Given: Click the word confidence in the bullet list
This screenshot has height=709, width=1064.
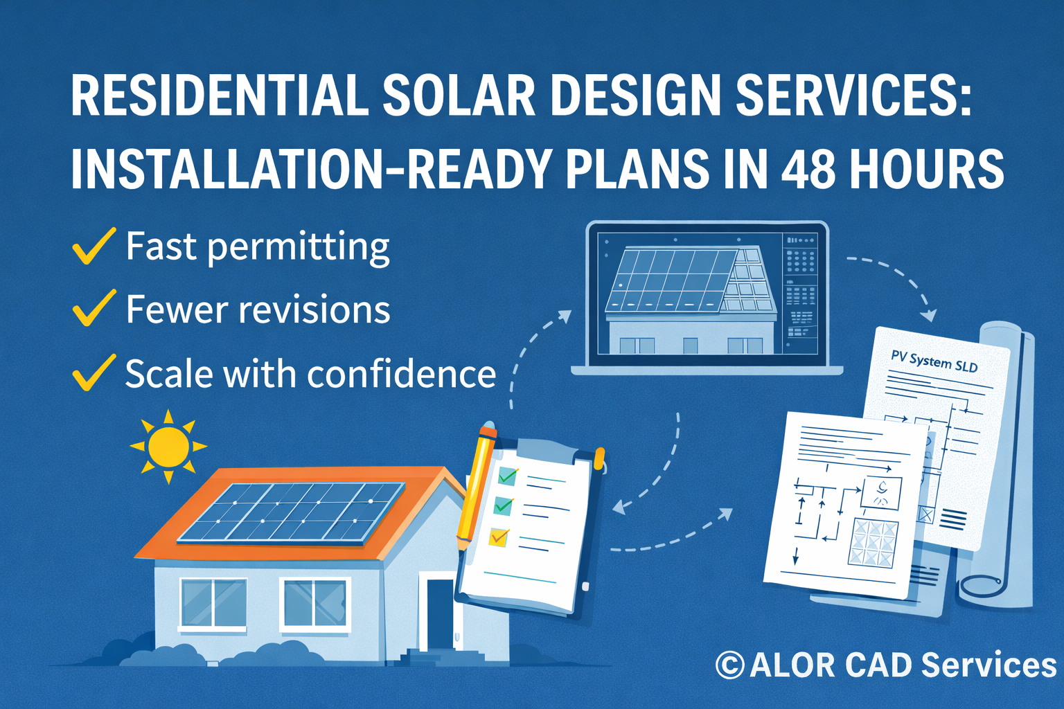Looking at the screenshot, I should point(401,375).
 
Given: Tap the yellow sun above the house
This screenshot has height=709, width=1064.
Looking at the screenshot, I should point(168,447).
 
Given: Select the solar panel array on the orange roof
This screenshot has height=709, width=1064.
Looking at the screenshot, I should point(291,512).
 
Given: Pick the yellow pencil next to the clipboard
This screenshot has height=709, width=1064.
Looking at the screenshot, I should point(477,485).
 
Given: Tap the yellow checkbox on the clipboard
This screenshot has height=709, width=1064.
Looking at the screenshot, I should point(499,537).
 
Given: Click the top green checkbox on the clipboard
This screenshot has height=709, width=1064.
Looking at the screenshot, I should point(508,476).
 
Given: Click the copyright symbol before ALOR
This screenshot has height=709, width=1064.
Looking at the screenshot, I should point(729,665).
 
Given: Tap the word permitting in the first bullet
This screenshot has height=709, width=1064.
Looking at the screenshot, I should point(299,247).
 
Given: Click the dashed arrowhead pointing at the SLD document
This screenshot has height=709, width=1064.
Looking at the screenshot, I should point(930,315).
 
